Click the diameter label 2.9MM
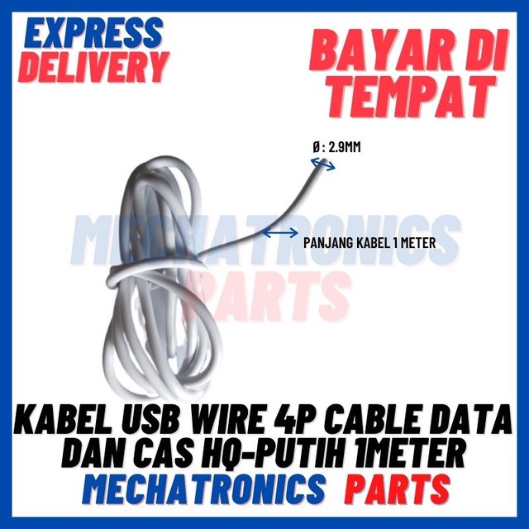[x=345, y=147]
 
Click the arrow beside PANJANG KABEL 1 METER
[x=279, y=234]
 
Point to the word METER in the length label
[x=415, y=243]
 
